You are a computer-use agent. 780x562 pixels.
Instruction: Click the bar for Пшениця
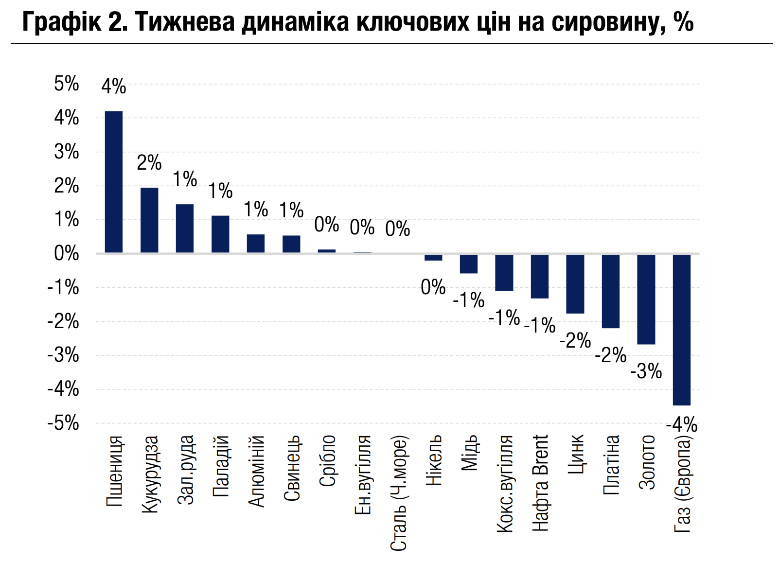(x=114, y=182)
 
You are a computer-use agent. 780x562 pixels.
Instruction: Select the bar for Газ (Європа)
(x=681, y=329)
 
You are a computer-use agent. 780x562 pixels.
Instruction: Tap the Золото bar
(x=646, y=299)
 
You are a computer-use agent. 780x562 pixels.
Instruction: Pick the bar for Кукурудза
(x=149, y=220)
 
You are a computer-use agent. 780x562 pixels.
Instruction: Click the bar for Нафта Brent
(x=539, y=276)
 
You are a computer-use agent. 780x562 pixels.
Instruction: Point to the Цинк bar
(x=575, y=283)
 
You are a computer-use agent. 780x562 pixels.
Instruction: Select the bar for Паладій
(x=220, y=234)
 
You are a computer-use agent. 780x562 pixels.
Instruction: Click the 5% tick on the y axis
(x=67, y=84)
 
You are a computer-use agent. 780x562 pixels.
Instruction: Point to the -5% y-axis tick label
(x=63, y=423)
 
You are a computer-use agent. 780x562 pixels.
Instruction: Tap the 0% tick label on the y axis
(x=67, y=253)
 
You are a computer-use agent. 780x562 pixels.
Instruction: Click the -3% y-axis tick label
(x=63, y=355)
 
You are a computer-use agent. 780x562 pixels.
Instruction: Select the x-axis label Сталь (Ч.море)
(x=398, y=493)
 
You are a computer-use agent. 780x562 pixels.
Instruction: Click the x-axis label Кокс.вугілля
(x=505, y=484)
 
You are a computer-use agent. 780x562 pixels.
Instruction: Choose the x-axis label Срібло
(x=327, y=460)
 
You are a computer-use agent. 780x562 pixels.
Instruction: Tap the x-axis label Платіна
(x=611, y=465)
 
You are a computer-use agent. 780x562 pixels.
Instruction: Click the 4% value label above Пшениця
(x=114, y=87)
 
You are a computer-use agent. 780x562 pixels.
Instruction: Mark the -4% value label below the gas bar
(x=681, y=425)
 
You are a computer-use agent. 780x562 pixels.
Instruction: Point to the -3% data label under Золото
(x=646, y=371)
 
